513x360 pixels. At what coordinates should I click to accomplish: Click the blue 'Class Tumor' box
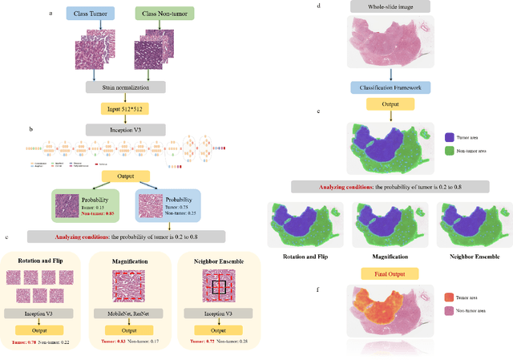click(90, 14)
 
